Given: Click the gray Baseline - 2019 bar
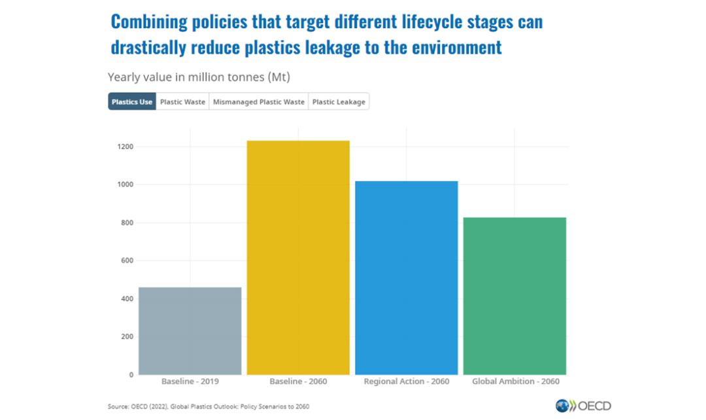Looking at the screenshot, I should click(x=190, y=330).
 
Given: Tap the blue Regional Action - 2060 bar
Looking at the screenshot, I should click(x=406, y=277).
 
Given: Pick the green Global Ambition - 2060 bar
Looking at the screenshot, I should click(x=514, y=296).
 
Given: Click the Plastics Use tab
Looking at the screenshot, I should click(x=132, y=102).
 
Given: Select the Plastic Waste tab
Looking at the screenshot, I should click(x=182, y=102).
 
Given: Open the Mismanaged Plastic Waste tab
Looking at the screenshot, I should click(x=258, y=102).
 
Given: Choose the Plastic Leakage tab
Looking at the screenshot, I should click(x=339, y=102).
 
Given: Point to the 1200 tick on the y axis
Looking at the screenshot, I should click(x=126, y=147).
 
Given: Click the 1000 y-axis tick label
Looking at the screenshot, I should click(x=126, y=184).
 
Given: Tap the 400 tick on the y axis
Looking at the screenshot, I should click(x=127, y=299).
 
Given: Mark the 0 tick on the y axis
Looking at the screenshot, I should click(x=131, y=375).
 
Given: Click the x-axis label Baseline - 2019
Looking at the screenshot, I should click(x=190, y=381).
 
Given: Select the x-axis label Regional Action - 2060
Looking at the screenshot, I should click(x=406, y=381).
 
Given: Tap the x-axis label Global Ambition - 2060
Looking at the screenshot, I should click(x=515, y=381).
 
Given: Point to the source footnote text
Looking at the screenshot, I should click(x=208, y=407).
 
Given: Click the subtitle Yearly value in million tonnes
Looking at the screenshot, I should click(x=198, y=77).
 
